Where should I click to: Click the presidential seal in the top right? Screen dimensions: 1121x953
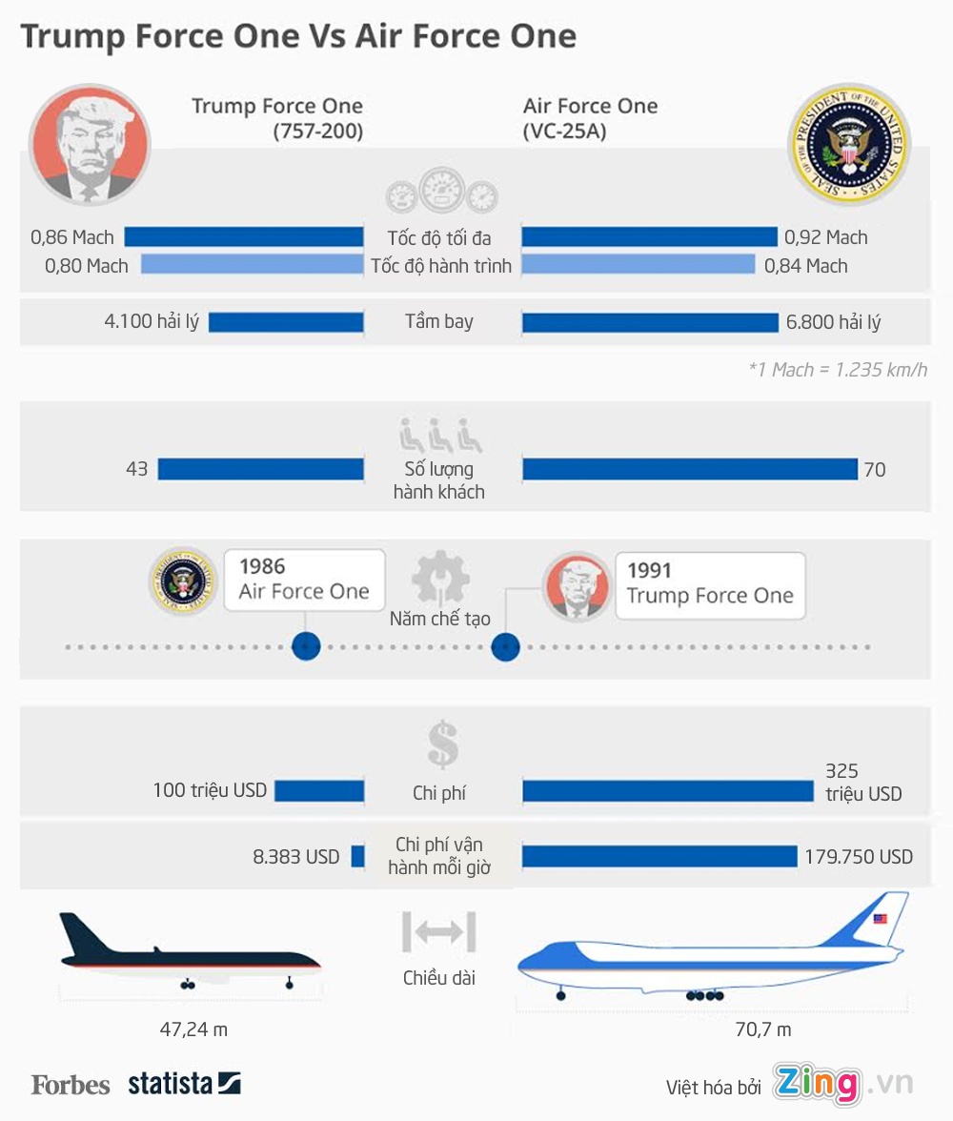(x=848, y=144)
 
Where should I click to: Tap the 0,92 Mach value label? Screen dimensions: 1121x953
(x=825, y=237)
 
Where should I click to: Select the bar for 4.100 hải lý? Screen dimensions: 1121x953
(x=286, y=322)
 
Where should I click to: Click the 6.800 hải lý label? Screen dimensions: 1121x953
(x=833, y=322)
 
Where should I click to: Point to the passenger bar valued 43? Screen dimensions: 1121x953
(x=261, y=469)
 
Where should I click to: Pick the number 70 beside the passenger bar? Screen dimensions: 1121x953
(x=874, y=469)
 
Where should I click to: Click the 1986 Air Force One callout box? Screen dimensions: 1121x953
(x=304, y=580)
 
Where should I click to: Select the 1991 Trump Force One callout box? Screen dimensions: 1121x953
(x=710, y=584)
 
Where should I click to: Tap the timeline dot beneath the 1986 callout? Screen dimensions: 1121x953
(x=305, y=647)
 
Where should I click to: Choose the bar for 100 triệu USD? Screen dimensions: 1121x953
(x=320, y=790)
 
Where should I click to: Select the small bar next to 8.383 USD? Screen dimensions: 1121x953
(x=358, y=856)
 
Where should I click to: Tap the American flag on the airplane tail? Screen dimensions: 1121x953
(x=880, y=920)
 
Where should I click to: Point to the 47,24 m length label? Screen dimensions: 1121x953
(x=193, y=1029)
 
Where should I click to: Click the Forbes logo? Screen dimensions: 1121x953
(x=71, y=1085)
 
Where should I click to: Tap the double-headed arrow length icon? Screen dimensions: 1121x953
(x=438, y=932)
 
